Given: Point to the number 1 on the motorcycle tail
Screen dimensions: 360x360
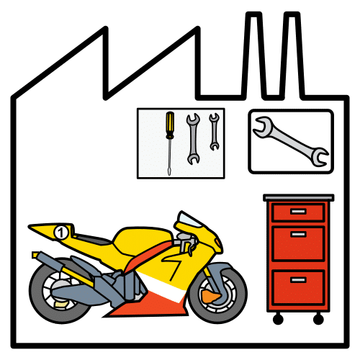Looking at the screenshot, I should [x=60, y=232].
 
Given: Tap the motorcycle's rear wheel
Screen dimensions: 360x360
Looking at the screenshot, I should [x=60, y=291].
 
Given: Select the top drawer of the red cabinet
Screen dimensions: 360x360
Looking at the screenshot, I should [x=297, y=212].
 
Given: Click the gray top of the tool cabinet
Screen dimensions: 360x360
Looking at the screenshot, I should [x=298, y=197].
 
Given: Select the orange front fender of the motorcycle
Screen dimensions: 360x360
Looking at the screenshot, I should [x=210, y=295].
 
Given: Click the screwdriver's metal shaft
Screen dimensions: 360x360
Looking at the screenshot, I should [x=170, y=155].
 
